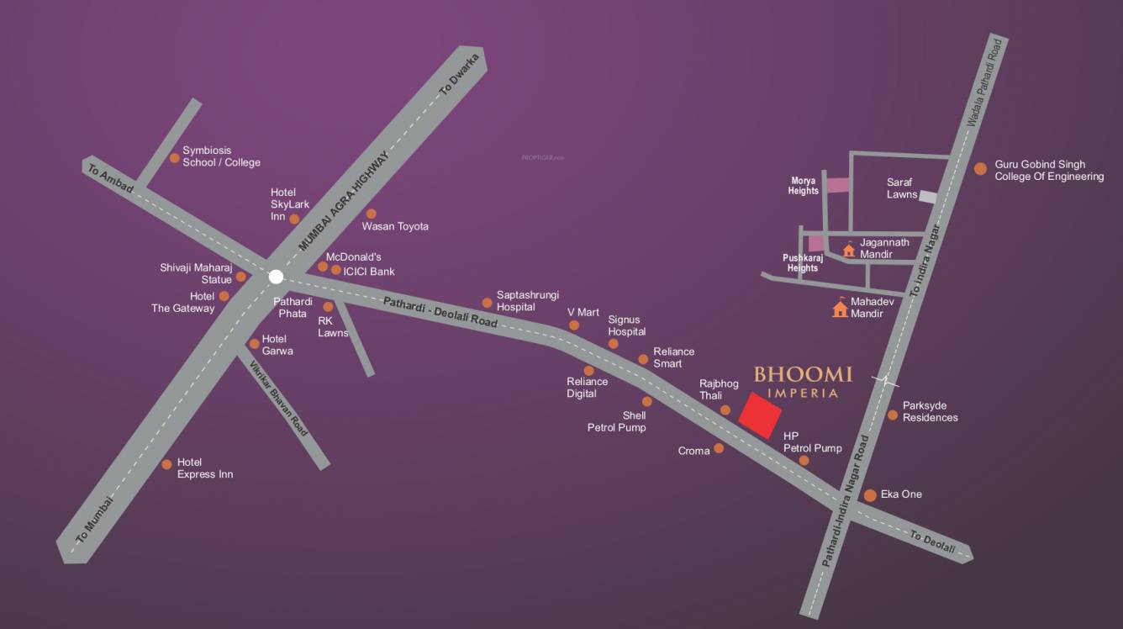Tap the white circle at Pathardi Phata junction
tap(276, 276)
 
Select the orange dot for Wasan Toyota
tap(371, 214)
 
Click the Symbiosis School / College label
tap(221, 156)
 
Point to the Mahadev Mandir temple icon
tap(840, 309)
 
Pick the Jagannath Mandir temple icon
tap(849, 249)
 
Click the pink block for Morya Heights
tap(836, 185)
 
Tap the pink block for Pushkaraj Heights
tap(815, 244)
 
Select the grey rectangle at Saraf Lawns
tap(927, 196)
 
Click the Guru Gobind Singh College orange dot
tap(980, 169)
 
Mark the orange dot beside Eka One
tap(870, 494)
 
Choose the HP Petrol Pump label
tap(812, 442)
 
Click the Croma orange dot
tap(718, 449)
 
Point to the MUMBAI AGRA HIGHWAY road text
tap(345, 201)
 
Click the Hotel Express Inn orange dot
tap(166, 463)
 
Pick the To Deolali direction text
tap(932, 543)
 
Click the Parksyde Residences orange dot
tap(893, 415)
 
